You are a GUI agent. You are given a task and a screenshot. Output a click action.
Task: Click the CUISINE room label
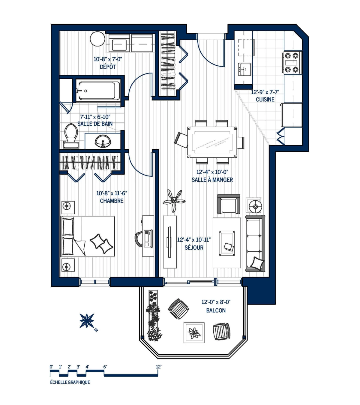265,99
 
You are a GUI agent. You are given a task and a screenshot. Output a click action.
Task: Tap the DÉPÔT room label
108,67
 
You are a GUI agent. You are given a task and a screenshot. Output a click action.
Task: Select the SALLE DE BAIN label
95,124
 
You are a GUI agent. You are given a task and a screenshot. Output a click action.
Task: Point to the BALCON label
216,310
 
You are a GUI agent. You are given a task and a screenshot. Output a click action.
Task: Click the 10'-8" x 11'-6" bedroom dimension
112,193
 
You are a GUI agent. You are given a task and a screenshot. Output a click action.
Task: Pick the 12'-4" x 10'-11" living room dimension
194,240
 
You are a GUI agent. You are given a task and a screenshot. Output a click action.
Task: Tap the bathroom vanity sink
103,141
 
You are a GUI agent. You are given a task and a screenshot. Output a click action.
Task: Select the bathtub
98,91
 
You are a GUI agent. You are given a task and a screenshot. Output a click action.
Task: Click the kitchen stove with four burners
292,62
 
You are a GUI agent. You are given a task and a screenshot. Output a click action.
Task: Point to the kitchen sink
244,69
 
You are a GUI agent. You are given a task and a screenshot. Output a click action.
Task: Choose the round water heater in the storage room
97,39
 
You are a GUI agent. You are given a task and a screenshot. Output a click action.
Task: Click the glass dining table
212,142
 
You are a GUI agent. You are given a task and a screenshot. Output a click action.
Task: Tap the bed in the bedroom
88,236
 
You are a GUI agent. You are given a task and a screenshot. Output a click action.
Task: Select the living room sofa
255,244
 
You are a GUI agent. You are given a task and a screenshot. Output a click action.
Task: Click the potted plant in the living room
174,200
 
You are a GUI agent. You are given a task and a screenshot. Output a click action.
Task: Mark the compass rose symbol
87,321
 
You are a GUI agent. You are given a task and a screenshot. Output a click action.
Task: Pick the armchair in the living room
229,204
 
